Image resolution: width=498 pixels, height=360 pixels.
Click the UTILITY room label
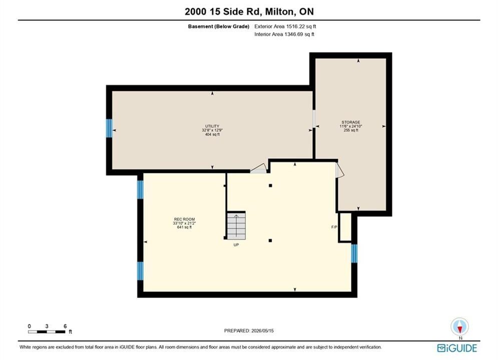pos(212,126)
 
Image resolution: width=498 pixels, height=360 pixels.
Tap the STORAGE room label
pos(351,122)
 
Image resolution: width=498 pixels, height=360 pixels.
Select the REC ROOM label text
pos(184,219)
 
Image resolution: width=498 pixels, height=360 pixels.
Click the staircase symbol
pos(236,226)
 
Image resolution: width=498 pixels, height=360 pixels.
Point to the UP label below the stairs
pos(236,245)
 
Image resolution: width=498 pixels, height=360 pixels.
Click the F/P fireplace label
pos(334,227)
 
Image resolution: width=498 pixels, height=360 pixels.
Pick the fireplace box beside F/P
pos(345,227)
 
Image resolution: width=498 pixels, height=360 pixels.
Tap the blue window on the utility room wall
pos(109,128)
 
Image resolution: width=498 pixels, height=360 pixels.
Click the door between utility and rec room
pos(259,168)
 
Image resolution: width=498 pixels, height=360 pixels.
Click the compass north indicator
pos(459,326)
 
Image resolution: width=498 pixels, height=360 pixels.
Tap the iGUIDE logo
pos(457,348)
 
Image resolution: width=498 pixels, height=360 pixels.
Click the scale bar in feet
pos(47,332)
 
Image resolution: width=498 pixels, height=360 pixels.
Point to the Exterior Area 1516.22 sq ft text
pos(285,26)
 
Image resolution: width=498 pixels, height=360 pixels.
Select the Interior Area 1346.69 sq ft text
pos(284,34)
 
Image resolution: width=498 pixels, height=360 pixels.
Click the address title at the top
pos(249,11)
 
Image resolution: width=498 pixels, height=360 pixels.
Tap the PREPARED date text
pos(249,330)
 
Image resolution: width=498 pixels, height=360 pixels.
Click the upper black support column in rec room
pos(270,185)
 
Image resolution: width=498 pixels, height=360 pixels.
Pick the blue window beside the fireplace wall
pos(354,253)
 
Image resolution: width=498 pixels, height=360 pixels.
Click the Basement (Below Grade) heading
pos(219,26)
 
